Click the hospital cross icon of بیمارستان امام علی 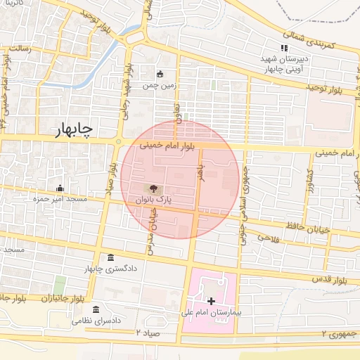coord(212,301)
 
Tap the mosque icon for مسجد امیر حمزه coord(60,188)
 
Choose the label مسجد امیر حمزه coord(59,199)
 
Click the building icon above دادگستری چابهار coord(110,257)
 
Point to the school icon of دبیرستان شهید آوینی coord(284,49)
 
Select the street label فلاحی coord(269,238)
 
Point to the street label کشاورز coord(308,182)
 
